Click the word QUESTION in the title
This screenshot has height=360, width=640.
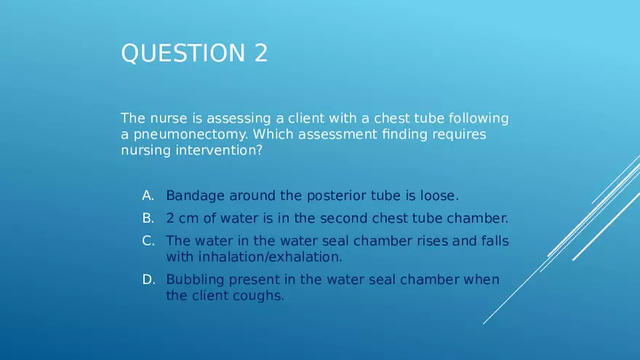pos(183,53)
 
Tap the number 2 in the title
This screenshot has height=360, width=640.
pos(261,53)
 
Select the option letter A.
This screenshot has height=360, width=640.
pos(148,196)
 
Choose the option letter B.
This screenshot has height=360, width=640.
pos(148,218)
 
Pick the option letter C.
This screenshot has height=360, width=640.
pos(148,241)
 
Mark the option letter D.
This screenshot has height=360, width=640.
pos(148,279)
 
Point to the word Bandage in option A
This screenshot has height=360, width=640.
pos(195,196)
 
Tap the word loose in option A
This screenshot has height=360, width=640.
pos(438,196)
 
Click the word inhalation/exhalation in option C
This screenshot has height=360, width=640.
pos(270,257)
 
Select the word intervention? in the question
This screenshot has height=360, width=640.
pos(219,151)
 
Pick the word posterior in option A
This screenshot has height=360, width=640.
pos(336,196)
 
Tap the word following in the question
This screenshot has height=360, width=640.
pos(479,119)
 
